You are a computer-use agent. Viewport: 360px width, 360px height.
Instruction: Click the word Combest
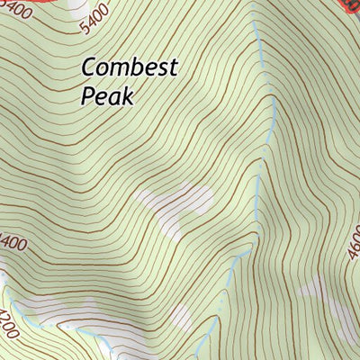[x=130, y=68]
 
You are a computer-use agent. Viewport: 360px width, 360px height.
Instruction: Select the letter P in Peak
[x=87, y=95]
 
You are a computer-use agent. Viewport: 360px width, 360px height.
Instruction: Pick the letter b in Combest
[x=134, y=67]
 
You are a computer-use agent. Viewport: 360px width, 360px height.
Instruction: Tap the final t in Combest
[x=175, y=68]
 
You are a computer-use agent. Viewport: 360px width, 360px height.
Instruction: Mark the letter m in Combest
[x=118, y=70]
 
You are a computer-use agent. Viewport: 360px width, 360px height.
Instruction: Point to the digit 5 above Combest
[x=86, y=27]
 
